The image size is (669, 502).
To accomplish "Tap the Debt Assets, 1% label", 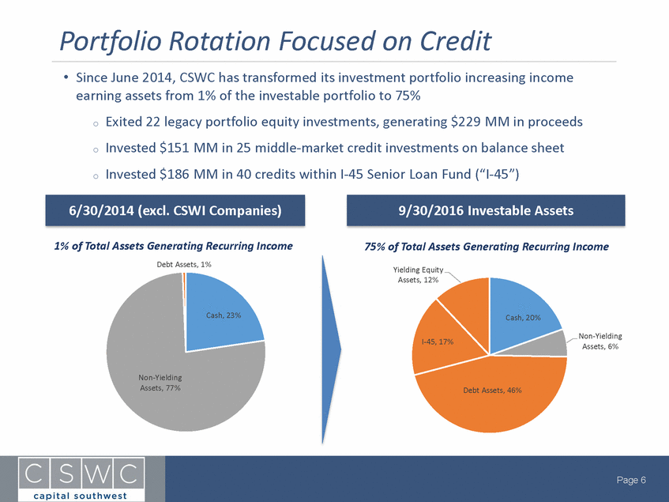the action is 184,264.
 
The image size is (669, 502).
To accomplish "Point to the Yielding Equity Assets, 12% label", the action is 418,274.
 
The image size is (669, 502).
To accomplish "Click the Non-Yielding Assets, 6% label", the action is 600,341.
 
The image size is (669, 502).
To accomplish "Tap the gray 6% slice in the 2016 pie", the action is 553,344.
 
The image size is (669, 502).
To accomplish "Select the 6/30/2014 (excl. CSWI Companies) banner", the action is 175,210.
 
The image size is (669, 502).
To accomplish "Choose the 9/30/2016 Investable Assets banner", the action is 486,210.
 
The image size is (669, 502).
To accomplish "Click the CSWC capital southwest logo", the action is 81,479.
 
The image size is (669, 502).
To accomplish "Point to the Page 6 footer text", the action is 631,480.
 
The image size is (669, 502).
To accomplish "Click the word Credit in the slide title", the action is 456,41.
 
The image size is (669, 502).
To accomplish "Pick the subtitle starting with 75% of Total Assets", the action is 487,247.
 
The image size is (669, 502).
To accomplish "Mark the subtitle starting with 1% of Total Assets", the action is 173,246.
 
